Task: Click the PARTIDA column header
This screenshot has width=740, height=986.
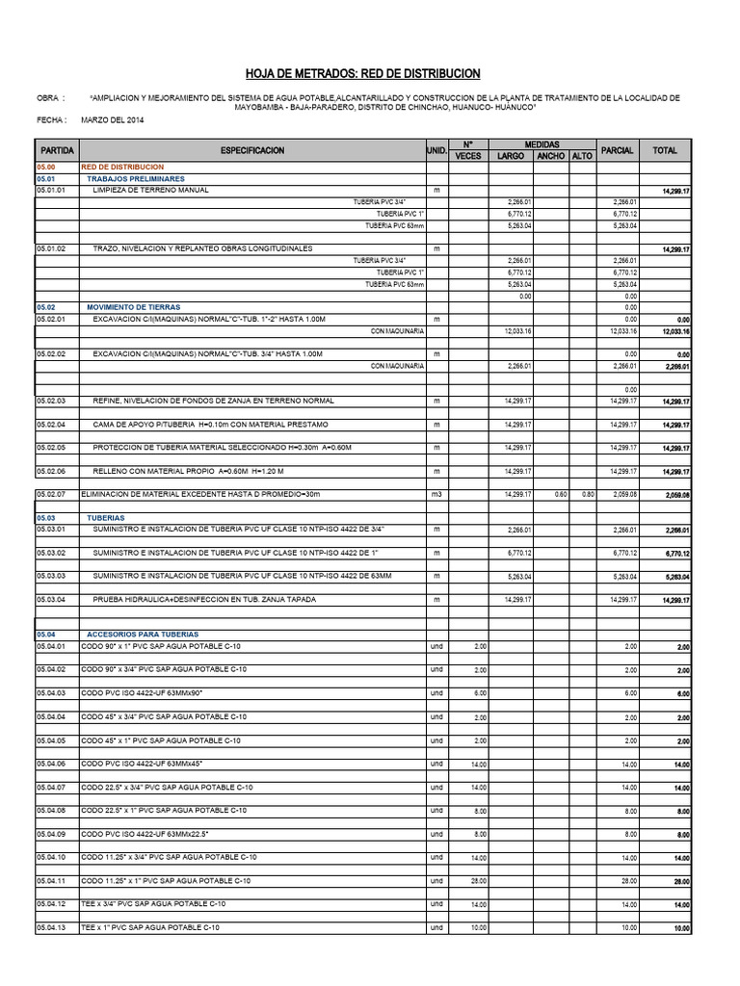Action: pos(57,151)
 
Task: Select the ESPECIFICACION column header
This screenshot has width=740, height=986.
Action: pos(252,151)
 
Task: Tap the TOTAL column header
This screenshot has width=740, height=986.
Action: pos(665,151)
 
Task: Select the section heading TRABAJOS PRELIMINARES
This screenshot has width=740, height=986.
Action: pos(136,179)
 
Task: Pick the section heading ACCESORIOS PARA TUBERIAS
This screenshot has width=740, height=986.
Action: pos(143,635)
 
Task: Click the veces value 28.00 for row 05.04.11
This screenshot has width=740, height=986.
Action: pos(479,880)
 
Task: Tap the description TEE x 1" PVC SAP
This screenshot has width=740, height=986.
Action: pos(150,927)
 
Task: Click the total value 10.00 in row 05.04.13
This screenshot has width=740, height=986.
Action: pos(680,929)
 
